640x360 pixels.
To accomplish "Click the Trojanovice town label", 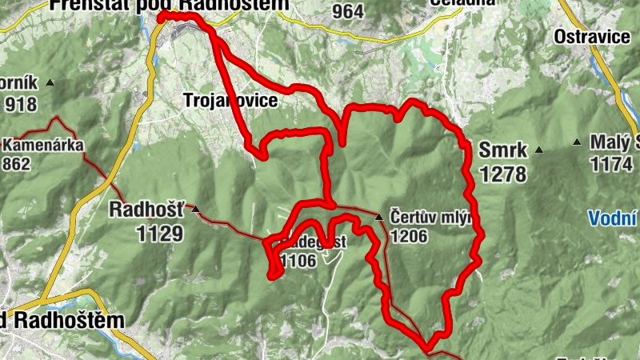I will click(230, 101).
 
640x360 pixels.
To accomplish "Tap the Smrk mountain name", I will click(502, 150).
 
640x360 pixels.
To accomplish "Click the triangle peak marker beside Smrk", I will click(540, 149).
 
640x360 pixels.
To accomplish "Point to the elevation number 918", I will click(22, 104).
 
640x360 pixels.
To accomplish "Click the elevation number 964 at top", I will click(348, 11).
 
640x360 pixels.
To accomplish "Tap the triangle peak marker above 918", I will click(50, 82).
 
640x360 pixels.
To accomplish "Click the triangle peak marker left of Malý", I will click(577, 142).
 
